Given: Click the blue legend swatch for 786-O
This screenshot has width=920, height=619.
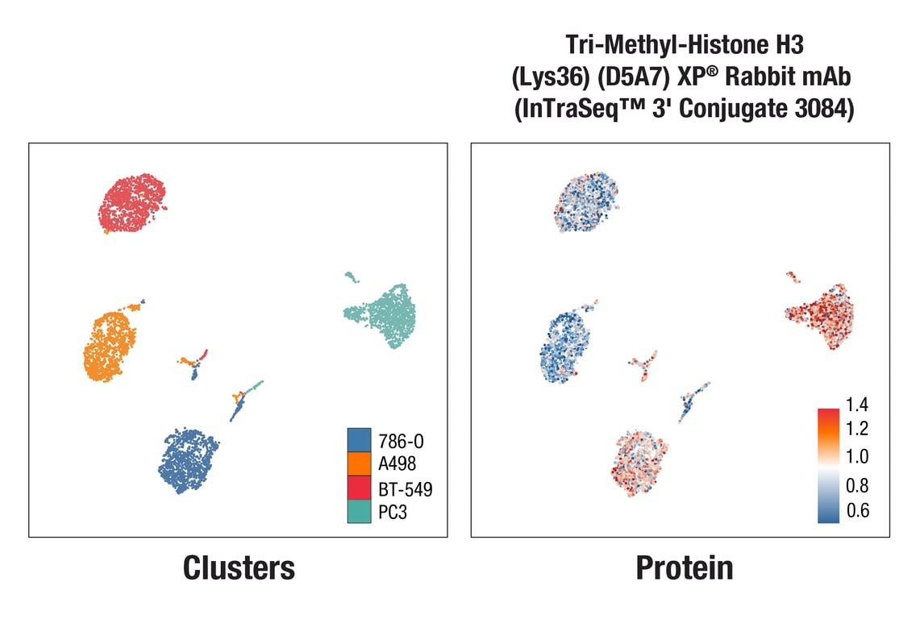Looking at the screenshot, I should click(359, 440).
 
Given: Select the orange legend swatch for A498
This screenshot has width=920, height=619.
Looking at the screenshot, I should click(359, 463).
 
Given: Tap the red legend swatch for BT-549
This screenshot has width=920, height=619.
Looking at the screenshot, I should click(359, 488).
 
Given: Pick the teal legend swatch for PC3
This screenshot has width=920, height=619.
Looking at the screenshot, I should click(359, 511).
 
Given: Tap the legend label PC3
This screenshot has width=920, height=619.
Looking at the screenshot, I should click(393, 512).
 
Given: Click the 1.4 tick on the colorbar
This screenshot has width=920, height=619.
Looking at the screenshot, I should click(857, 405).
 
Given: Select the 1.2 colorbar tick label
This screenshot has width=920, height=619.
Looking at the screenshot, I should click(857, 428).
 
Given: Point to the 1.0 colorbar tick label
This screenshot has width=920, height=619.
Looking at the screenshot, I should click(857, 457).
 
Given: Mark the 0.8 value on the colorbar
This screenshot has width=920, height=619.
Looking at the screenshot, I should click(857, 486).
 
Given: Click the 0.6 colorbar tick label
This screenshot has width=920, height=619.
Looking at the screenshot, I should click(857, 511).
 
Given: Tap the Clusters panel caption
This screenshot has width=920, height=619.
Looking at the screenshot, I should click(239, 568).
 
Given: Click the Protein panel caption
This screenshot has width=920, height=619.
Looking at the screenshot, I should click(685, 568).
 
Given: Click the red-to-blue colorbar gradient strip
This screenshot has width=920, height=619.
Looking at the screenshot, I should click(828, 465).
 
